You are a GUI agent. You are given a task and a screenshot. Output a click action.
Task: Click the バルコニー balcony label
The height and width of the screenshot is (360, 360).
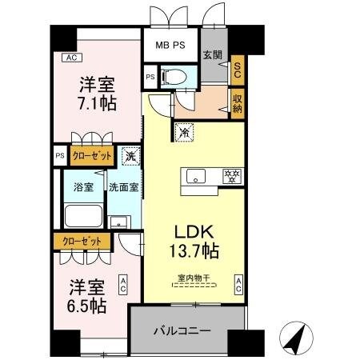[182, 330]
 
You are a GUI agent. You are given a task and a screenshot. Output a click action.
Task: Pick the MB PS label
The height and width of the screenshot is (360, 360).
[170, 45]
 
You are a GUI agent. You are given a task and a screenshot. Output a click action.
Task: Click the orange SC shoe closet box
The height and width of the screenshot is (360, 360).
[237, 70]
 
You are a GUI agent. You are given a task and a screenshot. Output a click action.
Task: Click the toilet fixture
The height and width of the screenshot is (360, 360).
[173, 77]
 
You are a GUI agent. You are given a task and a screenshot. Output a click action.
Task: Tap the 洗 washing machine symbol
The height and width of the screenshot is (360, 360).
[130, 157]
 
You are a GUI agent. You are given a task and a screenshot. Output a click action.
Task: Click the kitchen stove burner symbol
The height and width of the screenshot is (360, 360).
[233, 174]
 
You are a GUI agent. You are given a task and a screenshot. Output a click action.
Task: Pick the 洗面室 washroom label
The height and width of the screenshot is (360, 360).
[124, 187]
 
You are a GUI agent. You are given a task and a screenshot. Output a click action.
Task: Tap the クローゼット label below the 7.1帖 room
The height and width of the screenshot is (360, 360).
[92, 157]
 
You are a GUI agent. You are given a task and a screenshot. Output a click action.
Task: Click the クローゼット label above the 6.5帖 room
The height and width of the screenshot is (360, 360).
[82, 241]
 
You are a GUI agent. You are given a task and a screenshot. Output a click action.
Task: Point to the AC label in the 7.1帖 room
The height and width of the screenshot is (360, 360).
[71, 58]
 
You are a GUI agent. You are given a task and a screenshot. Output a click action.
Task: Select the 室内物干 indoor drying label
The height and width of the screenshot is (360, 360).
[194, 278]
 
